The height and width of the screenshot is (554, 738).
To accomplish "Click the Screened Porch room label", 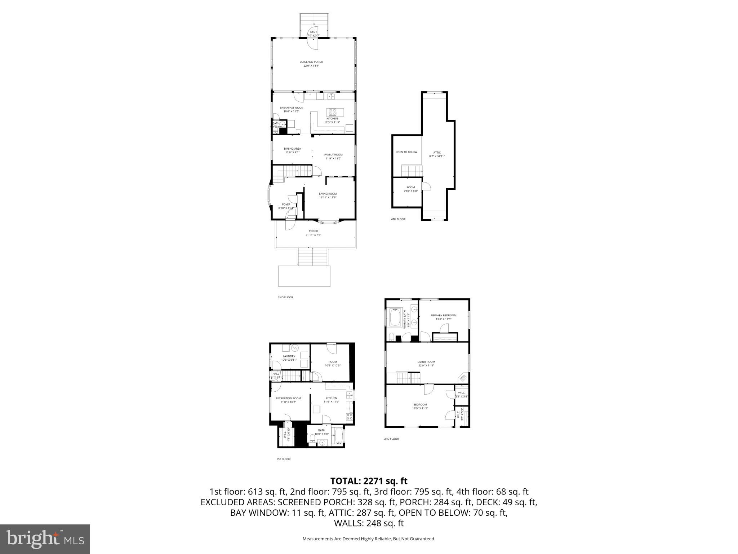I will click(x=311, y=62).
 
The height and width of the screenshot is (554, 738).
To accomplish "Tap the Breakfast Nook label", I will click(x=291, y=108).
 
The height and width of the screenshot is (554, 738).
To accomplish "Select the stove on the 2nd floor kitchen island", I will click(x=332, y=112).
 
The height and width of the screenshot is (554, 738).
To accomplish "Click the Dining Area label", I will click(x=292, y=149).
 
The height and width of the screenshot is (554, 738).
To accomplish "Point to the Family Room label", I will click(x=333, y=155).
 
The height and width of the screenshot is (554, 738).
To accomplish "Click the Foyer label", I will click(x=286, y=205).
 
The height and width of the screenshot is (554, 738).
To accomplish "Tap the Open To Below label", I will click(x=406, y=152).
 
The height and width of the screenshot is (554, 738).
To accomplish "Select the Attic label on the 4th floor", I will click(x=437, y=153).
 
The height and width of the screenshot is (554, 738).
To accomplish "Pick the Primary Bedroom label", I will click(x=443, y=316).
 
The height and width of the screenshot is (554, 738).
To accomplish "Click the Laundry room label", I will click(x=289, y=356).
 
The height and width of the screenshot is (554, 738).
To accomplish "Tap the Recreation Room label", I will click(x=288, y=399).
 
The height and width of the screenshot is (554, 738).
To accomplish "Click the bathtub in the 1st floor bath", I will click(x=338, y=436).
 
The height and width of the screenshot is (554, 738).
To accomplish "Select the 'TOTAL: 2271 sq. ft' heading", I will click(x=369, y=481).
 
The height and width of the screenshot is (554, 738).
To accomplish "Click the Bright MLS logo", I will click(x=45, y=539).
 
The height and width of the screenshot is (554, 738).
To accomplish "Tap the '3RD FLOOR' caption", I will click(x=391, y=439).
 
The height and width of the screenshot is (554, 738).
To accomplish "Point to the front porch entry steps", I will click(x=312, y=257).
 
